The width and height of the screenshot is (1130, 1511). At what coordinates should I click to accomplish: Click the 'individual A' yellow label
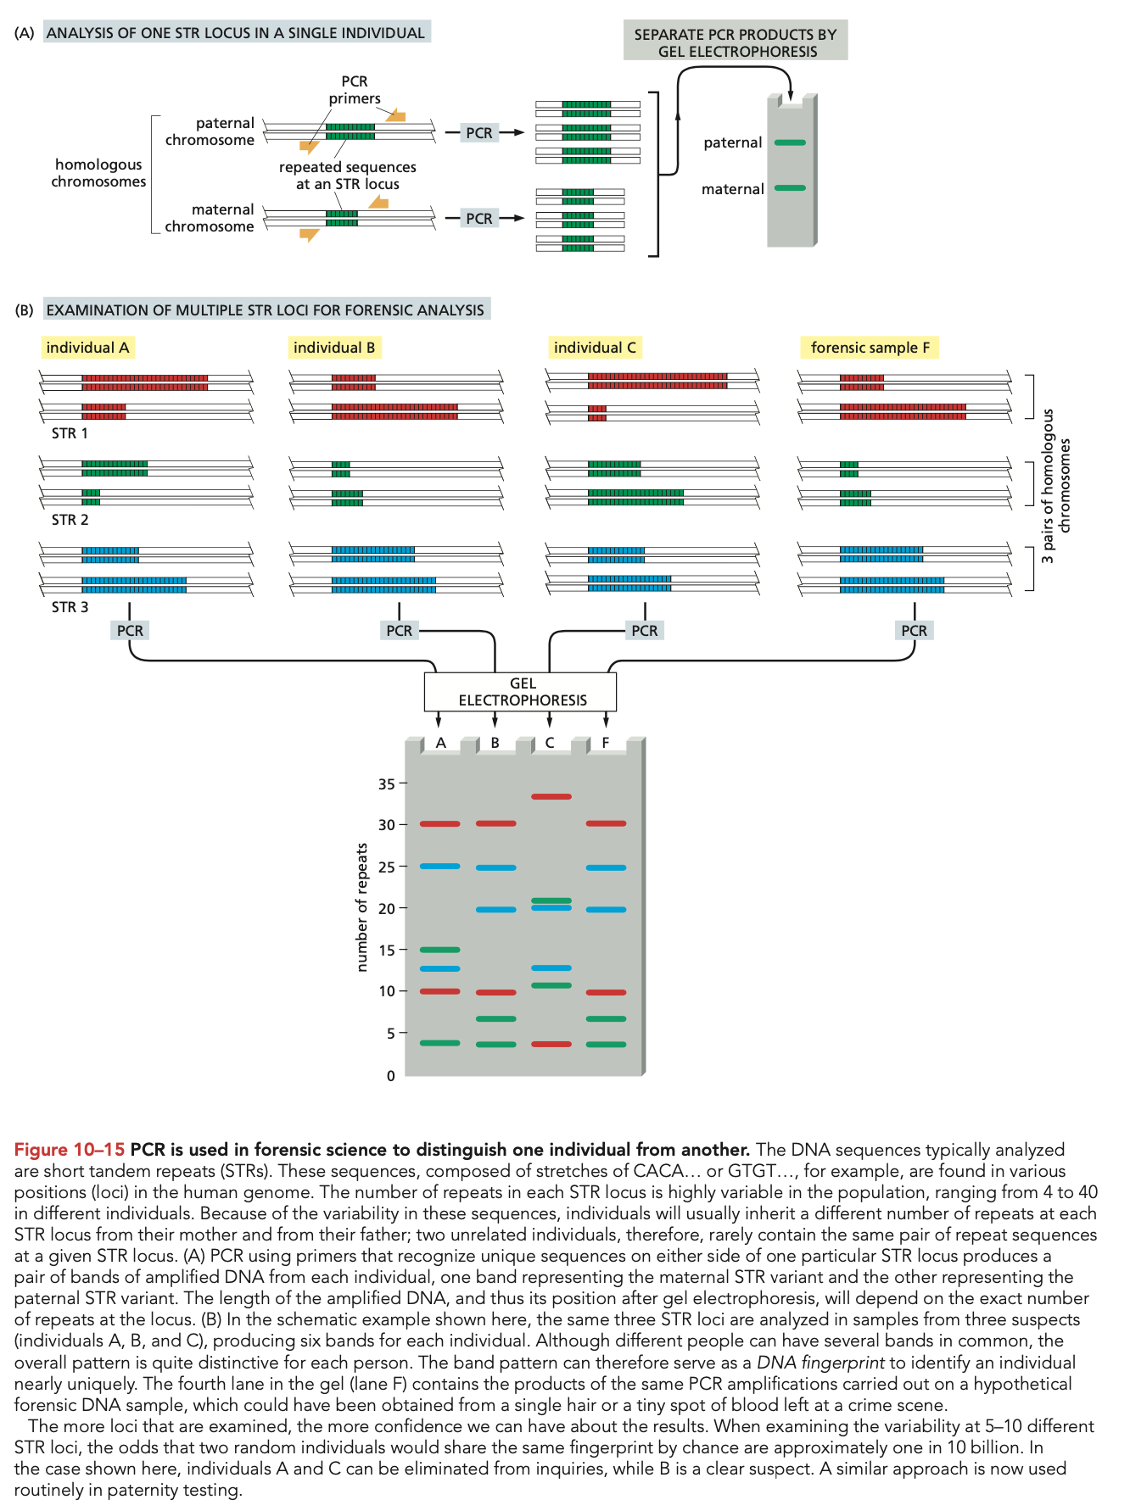tap(87, 348)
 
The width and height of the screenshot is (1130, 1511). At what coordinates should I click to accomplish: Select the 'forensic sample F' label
tap(870, 348)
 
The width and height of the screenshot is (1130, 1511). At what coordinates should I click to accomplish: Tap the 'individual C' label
tap(594, 348)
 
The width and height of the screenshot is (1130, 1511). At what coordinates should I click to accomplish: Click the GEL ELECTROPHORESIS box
tap(521, 692)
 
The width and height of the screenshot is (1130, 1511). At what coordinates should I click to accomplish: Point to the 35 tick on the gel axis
tap(388, 783)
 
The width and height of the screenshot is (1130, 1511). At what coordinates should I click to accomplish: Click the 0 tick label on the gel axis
tap(390, 1076)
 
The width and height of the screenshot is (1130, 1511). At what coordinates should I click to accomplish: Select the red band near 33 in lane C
tap(551, 797)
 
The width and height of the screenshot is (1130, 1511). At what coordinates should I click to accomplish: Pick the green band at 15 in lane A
tap(439, 950)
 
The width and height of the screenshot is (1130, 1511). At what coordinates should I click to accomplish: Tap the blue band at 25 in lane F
tap(606, 867)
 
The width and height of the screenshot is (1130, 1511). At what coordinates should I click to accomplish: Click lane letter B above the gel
tap(495, 743)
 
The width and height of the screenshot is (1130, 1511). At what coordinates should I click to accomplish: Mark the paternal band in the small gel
tap(790, 142)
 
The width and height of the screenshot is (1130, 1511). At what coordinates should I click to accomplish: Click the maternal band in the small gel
tap(790, 188)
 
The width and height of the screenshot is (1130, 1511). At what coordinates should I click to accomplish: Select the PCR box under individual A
tap(130, 631)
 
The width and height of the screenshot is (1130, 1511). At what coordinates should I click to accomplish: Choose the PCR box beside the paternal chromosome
tap(478, 133)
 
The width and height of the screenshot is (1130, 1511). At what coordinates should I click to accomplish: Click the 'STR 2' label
tap(70, 520)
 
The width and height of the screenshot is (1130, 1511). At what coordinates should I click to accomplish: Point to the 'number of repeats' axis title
tap(362, 907)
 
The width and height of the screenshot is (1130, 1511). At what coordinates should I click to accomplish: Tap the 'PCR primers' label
tap(355, 90)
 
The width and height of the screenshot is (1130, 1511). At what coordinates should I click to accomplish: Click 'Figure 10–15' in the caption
tap(69, 1150)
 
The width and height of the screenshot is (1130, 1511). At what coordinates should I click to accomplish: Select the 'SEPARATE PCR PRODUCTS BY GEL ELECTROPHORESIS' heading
tap(735, 42)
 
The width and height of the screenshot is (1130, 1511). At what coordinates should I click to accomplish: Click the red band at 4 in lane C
tap(551, 1044)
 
